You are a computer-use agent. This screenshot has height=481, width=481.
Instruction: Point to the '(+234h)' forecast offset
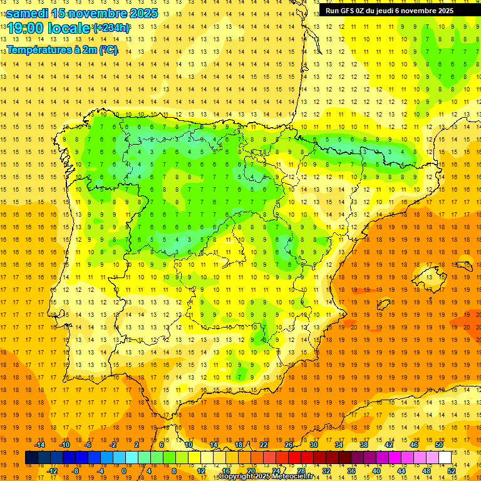[111, 28]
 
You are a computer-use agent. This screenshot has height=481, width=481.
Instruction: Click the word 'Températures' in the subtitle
[39, 49]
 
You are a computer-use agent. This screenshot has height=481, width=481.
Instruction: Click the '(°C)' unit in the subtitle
[106, 49]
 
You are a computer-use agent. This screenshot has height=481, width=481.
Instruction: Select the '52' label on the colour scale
[452, 470]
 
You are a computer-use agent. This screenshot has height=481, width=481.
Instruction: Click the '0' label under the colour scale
[124, 470]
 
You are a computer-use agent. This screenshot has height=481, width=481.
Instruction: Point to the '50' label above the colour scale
[439, 445]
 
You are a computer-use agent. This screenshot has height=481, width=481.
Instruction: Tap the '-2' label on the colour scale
[113, 445]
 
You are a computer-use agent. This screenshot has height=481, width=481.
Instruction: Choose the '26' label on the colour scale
[289, 445]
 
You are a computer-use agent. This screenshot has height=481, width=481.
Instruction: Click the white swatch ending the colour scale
[445, 458]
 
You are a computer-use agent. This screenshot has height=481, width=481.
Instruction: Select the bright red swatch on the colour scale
[294, 458]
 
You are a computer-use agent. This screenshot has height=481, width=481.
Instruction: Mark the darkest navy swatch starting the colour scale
[31, 458]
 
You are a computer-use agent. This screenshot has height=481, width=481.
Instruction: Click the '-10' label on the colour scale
[64, 445]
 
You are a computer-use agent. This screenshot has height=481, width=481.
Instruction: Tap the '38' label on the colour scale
[363, 445]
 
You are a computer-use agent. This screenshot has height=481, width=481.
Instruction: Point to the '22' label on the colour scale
[264, 445]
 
